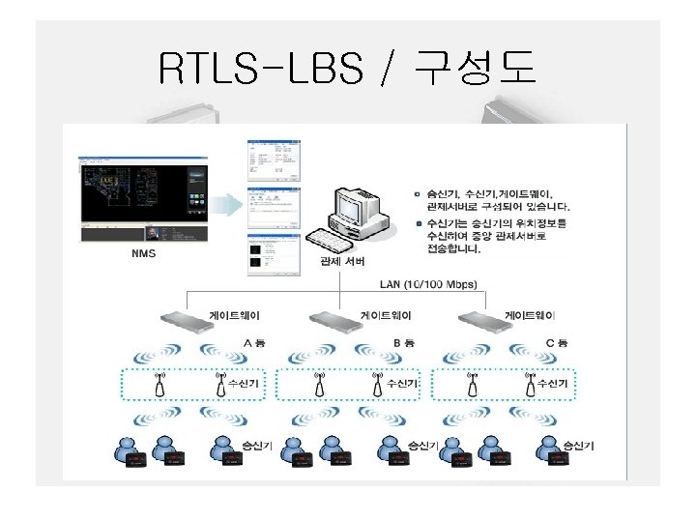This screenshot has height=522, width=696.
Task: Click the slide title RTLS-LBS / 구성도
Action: pos(347,69)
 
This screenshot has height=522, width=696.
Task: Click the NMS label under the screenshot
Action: pos(143,255)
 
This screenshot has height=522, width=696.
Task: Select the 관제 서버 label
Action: pos(342,262)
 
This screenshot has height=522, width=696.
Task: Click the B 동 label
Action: pos(404,342)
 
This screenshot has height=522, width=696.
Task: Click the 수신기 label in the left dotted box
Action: pos(244,384)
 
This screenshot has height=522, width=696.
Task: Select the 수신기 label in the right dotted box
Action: pos(553,384)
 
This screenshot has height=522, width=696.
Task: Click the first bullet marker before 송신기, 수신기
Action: pos(417,193)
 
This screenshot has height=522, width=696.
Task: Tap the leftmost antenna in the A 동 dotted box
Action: pos(160,385)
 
